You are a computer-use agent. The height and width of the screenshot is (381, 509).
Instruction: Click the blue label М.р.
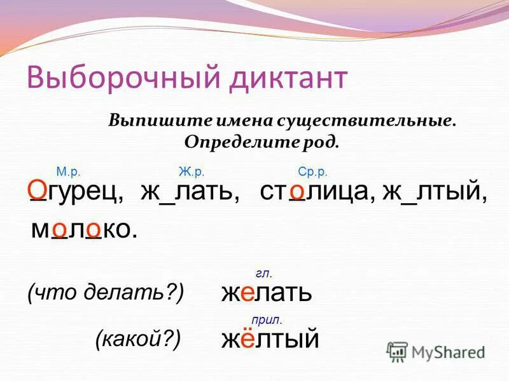tap(67, 171)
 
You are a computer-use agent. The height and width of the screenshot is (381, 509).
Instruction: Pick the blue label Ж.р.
tap(191, 171)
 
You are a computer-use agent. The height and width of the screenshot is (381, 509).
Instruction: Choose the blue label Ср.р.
tap(312, 171)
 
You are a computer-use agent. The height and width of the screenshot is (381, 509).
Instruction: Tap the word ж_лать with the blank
tap(190, 192)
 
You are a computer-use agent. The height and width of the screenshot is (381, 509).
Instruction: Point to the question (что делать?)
tap(106, 291)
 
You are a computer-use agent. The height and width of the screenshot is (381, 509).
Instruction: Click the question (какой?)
tap(138, 339)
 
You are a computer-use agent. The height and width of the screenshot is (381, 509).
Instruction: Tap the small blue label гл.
tap(263, 273)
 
